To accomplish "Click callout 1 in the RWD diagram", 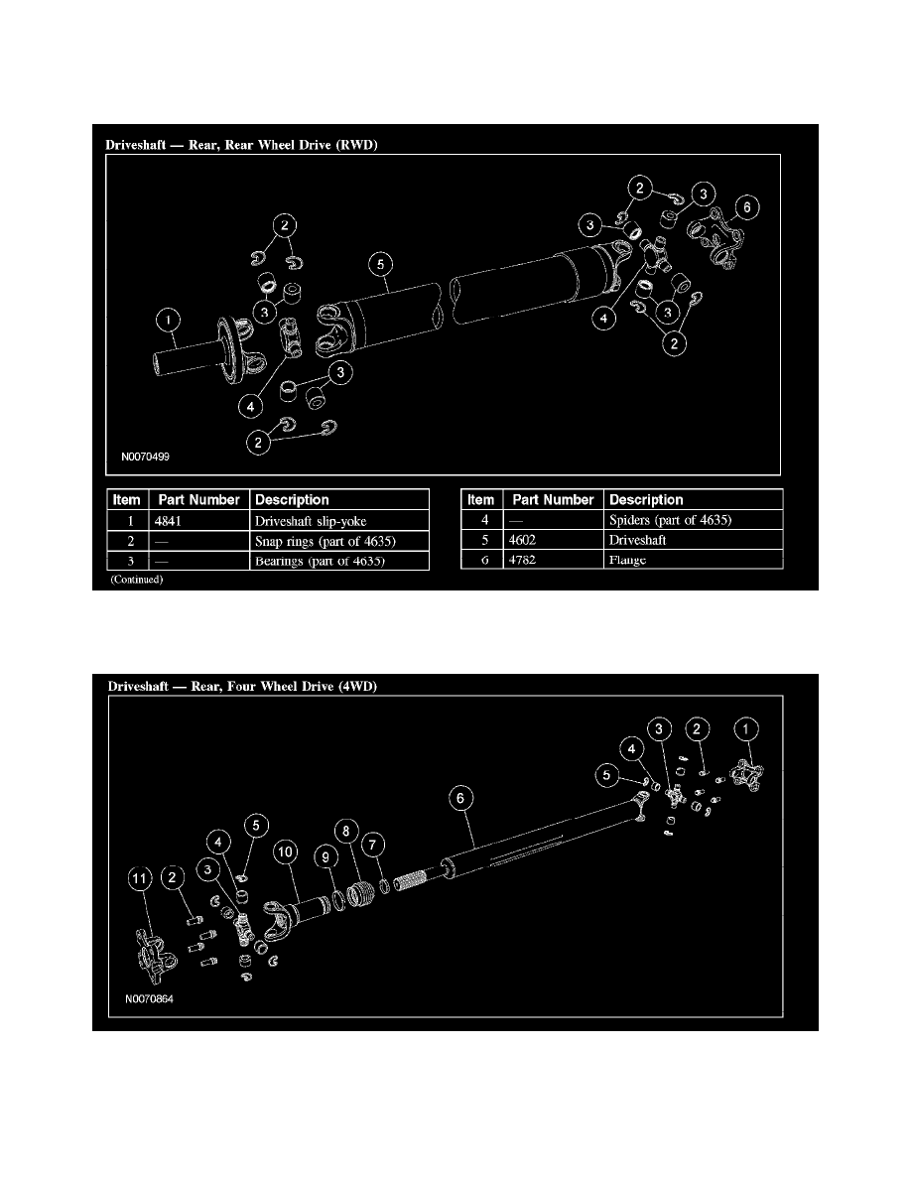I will click(x=170, y=320).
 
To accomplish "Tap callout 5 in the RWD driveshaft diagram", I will click(x=380, y=264).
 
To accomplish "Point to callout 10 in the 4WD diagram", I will click(x=287, y=852).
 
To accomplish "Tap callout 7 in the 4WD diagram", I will click(x=373, y=844).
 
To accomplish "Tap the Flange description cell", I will click(x=628, y=560).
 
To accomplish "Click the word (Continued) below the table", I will click(x=136, y=581).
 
